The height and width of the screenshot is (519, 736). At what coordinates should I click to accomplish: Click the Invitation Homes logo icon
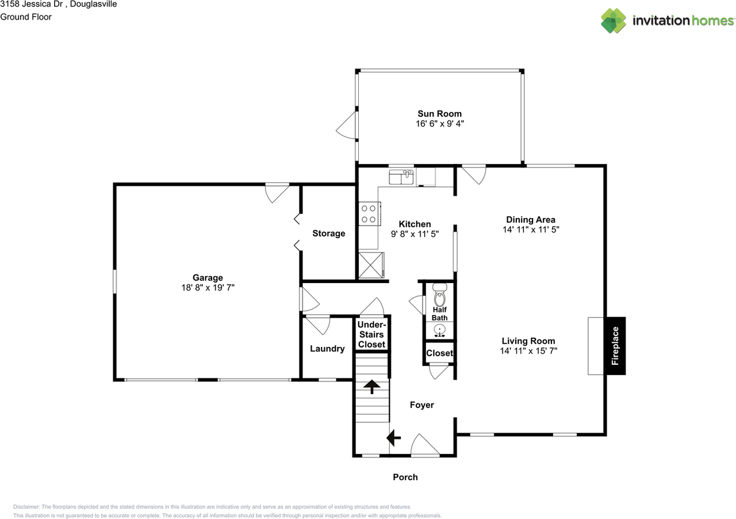tap(614, 21)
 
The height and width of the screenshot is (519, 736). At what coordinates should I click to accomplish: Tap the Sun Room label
tap(439, 114)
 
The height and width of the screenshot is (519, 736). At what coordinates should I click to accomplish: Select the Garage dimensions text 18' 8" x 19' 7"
tap(208, 288)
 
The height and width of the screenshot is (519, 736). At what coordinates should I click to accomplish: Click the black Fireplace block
tap(615, 346)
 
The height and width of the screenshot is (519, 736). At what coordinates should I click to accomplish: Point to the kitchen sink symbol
tap(401, 177)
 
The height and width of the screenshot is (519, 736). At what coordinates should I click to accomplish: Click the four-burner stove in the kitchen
tap(369, 214)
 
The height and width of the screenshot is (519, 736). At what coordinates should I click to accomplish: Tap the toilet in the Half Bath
tap(440, 295)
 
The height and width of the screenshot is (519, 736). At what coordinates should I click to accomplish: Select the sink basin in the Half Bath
tap(440, 330)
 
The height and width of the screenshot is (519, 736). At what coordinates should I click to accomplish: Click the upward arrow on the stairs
tap(371, 387)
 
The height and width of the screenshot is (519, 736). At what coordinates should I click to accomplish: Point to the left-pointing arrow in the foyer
tap(393, 438)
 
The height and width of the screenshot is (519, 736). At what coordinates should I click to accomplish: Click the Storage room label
tap(328, 234)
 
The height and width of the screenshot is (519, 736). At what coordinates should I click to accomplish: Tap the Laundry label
tap(327, 349)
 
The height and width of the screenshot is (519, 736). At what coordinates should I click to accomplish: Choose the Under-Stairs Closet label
tap(371, 334)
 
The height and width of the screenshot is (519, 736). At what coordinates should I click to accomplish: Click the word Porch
tap(405, 477)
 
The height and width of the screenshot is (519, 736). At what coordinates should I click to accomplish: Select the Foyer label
tap(422, 405)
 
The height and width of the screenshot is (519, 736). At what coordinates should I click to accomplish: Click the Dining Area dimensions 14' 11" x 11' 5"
tap(531, 230)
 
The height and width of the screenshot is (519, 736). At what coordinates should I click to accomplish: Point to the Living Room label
tap(528, 341)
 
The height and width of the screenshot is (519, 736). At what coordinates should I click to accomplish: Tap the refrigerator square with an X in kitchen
tap(371, 265)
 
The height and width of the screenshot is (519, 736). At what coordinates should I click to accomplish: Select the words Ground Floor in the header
tap(26, 17)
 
